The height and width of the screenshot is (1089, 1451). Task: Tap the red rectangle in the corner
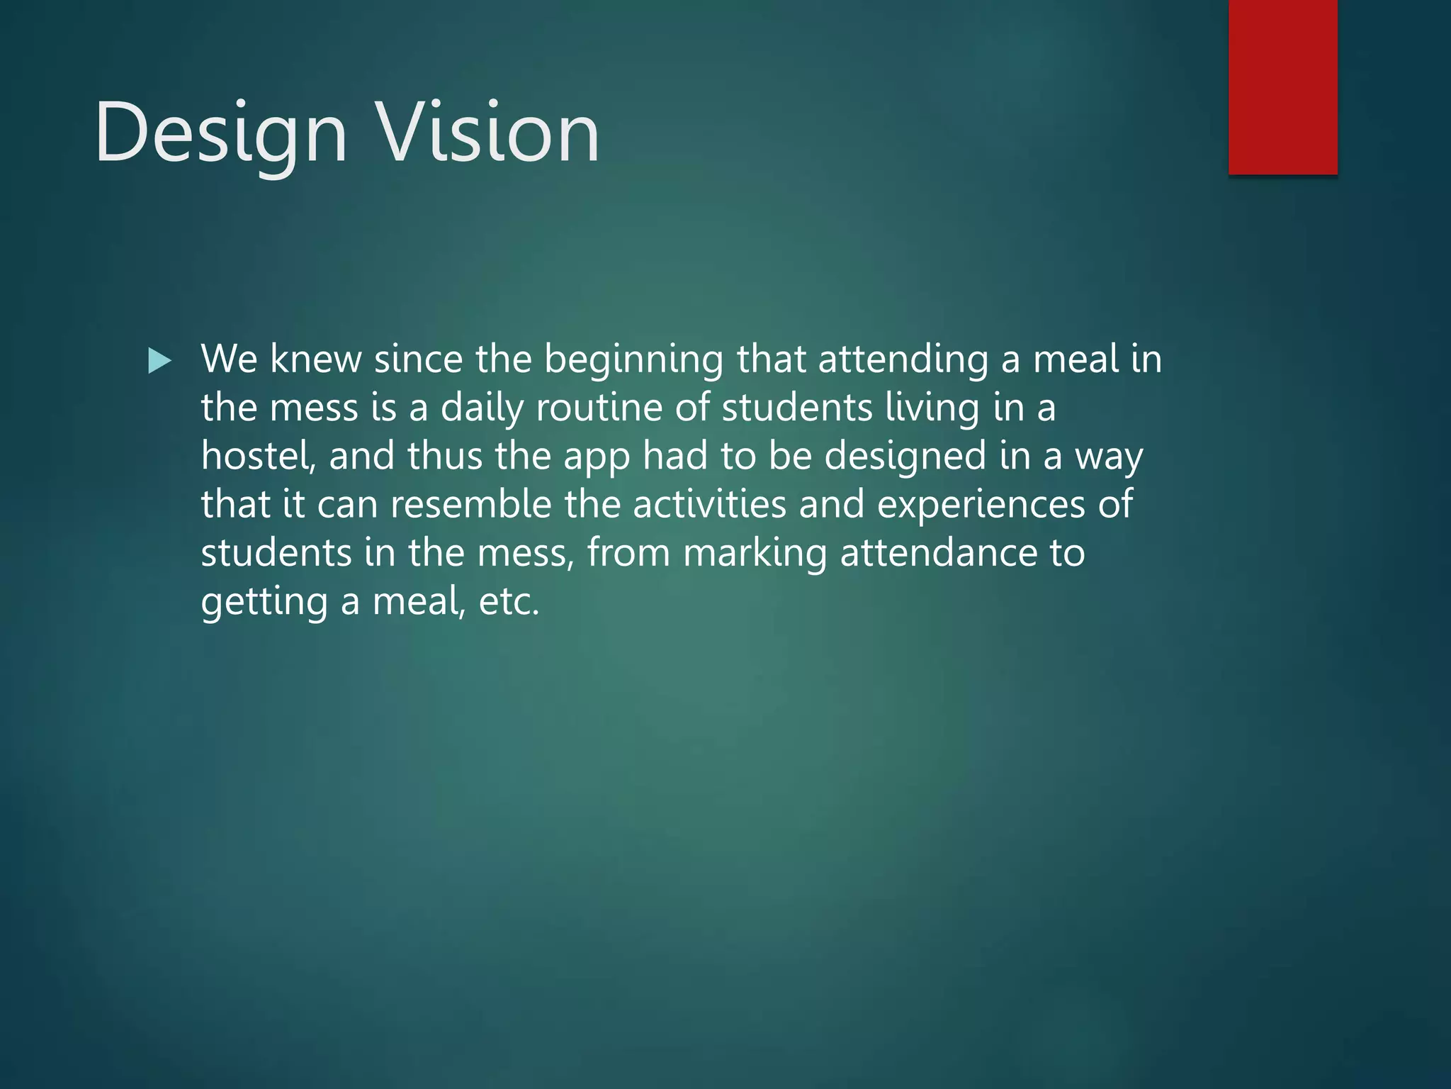coord(1282,86)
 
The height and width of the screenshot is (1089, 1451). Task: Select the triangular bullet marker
coord(159,361)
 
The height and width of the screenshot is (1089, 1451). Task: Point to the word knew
coord(315,359)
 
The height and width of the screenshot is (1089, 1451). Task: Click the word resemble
coord(470,504)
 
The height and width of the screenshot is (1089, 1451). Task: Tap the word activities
coord(709,504)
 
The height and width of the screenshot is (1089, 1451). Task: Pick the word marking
coord(755,554)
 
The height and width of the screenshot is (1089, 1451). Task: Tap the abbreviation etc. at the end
coord(509,602)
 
